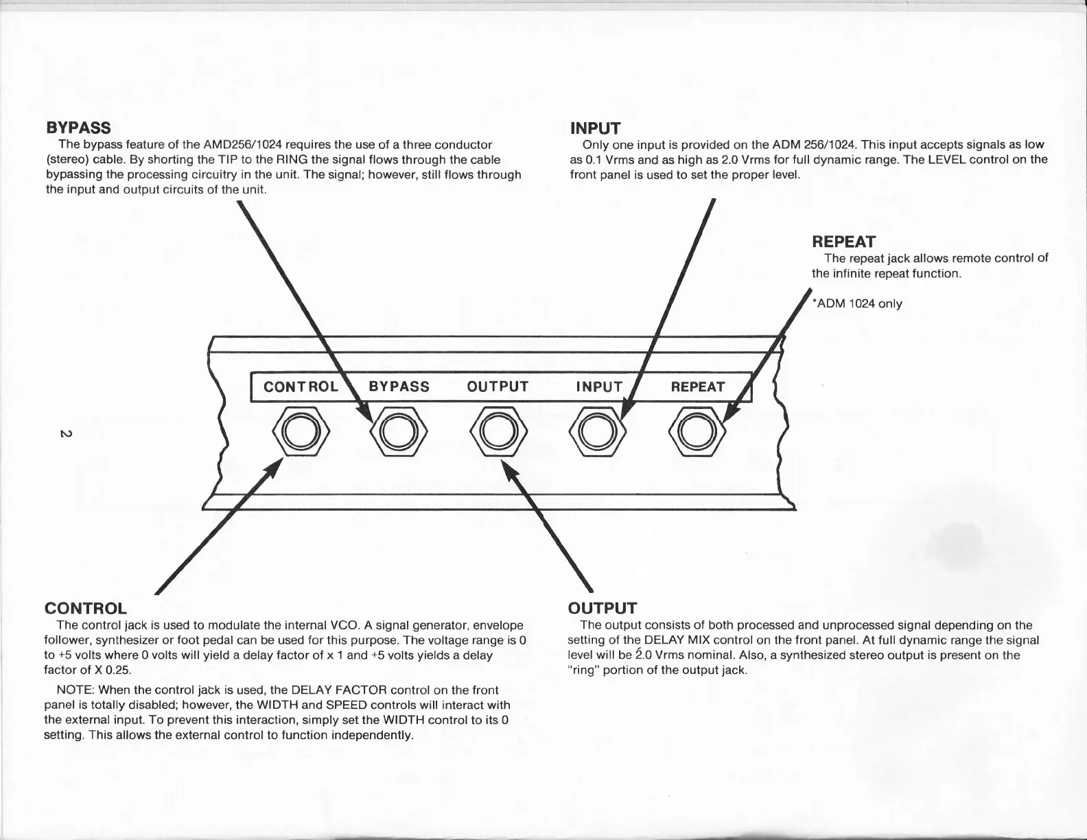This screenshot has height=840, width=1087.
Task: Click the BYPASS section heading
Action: pos(78,128)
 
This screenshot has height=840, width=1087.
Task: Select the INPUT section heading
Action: pos(595,128)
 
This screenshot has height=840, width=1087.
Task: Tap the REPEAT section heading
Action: pos(843,242)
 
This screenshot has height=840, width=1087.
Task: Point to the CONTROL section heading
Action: pos(85,609)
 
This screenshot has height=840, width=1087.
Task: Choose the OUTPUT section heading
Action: pos(603,608)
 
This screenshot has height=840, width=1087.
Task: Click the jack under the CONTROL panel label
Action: pos(301,431)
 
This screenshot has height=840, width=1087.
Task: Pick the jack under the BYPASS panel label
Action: pos(398,431)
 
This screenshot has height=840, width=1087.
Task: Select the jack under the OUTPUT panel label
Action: pos(498,431)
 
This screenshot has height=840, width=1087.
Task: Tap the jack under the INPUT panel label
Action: pos(597,431)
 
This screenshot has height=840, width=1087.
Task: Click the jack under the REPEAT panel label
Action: pos(697,431)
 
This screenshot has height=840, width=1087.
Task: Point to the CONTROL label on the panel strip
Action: pos(301,386)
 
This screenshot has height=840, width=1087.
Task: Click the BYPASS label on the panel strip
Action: pos(399,386)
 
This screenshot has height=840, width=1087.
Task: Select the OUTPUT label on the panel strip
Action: pos(498,386)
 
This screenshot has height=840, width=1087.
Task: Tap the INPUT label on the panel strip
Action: pos(598,386)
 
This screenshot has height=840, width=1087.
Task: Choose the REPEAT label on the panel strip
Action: pos(697,386)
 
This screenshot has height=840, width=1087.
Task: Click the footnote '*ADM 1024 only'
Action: pos(856,303)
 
